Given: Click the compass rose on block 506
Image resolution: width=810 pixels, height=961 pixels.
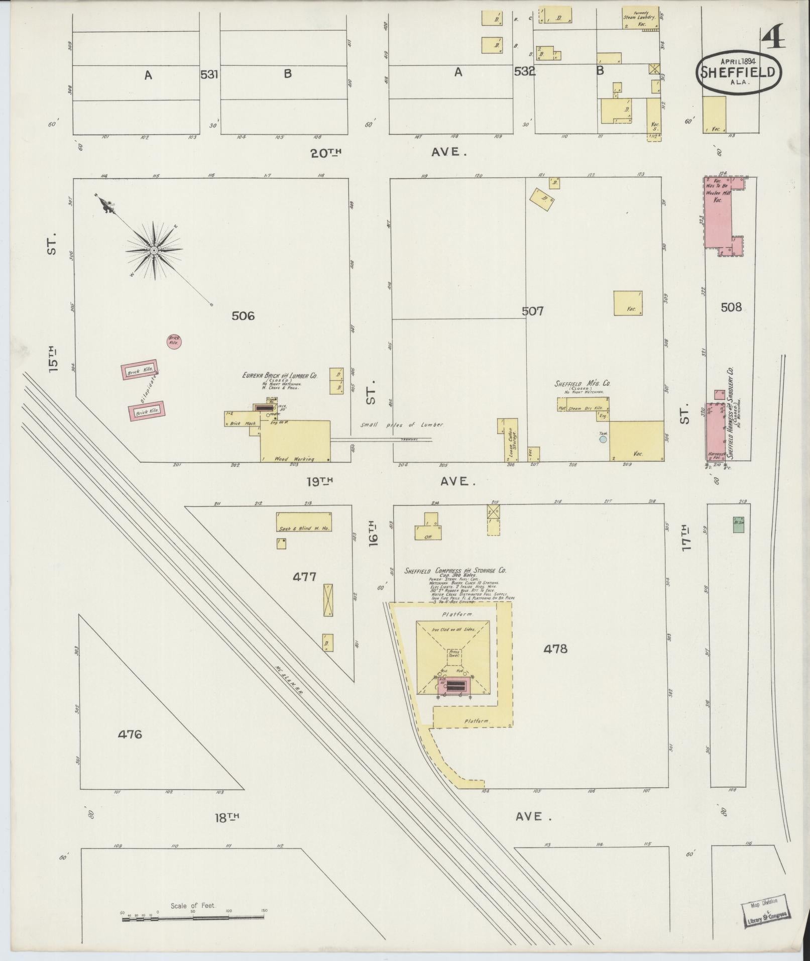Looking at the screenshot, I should (x=154, y=249).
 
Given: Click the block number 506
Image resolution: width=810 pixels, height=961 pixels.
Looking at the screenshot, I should (x=243, y=315).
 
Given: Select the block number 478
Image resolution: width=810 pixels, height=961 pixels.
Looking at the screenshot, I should (x=555, y=649).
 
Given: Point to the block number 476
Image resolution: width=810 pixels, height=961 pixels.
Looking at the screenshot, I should (x=130, y=734).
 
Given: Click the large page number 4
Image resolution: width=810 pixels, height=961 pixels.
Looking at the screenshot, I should (x=773, y=38).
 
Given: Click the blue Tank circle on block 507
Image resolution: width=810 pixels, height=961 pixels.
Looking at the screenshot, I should (x=603, y=439).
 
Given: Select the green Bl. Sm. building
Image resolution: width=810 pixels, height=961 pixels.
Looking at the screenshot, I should (x=738, y=524).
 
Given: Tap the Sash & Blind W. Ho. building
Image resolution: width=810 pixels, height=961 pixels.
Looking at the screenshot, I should (x=304, y=522).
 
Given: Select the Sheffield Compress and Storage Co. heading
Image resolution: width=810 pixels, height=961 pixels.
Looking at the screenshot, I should (x=455, y=571).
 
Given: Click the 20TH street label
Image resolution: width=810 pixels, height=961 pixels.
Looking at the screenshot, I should (x=325, y=153).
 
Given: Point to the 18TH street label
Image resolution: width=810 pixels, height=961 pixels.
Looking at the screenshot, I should (x=226, y=817).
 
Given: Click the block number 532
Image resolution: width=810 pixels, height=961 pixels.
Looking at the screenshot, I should (x=524, y=72).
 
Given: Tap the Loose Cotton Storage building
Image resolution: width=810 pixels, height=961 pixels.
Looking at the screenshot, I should (x=510, y=440).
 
